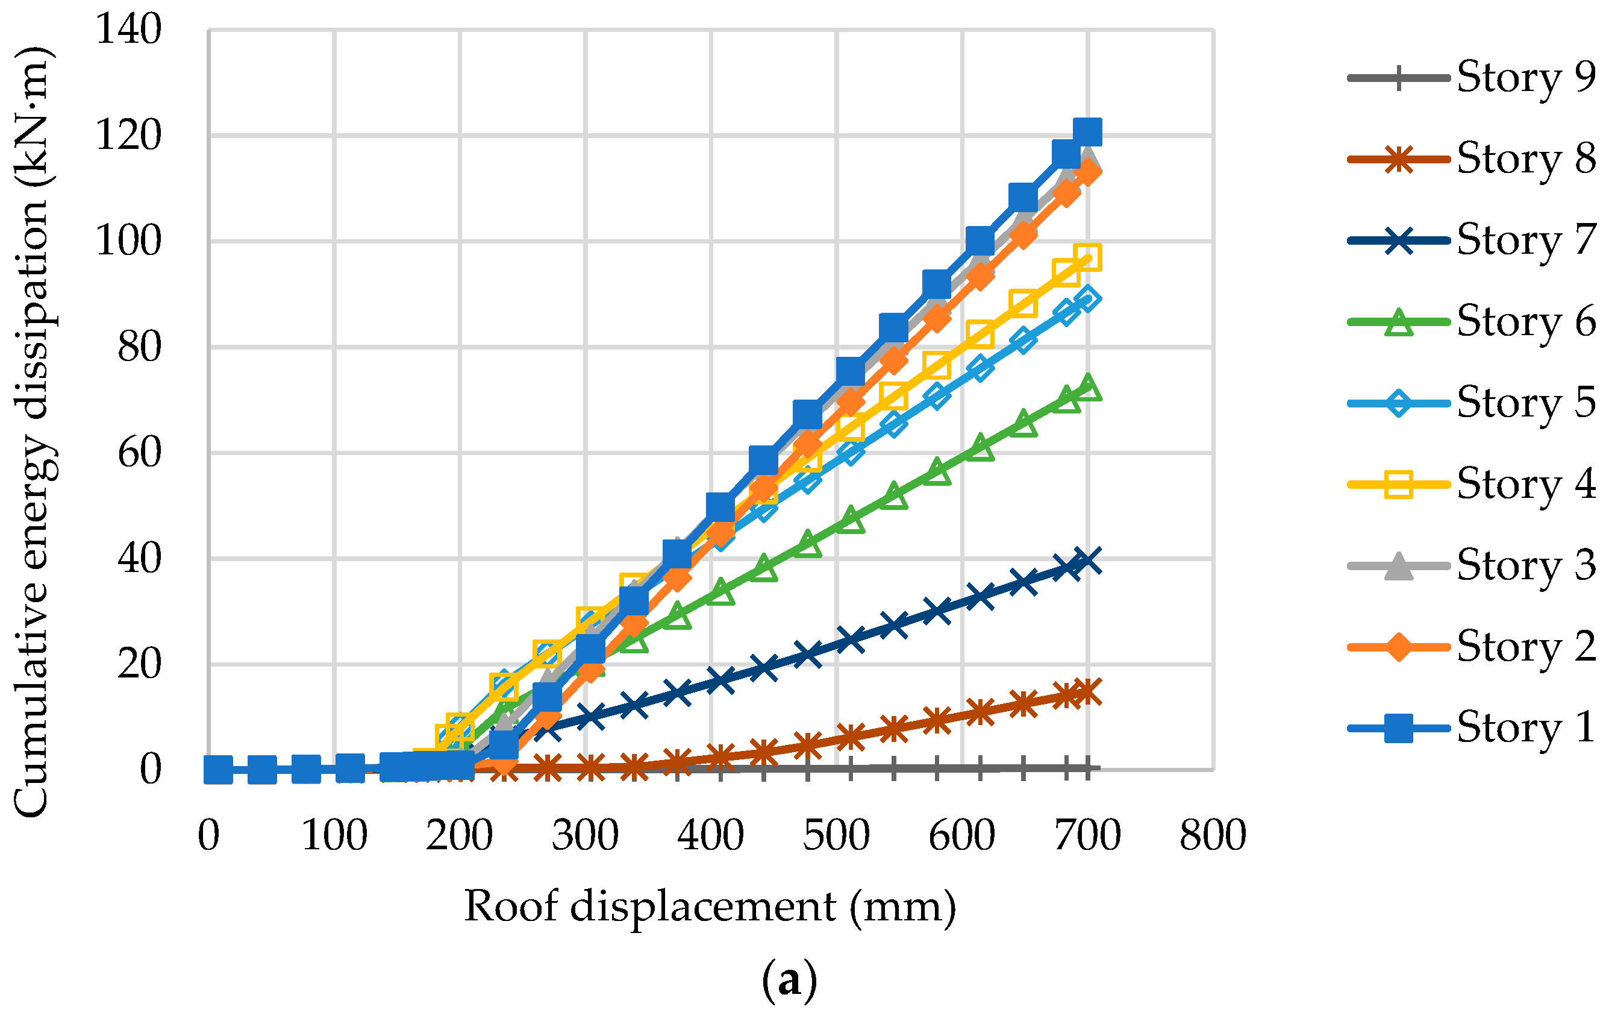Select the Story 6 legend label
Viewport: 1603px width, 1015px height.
click(x=1525, y=322)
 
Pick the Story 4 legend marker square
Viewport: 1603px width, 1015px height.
click(x=1399, y=484)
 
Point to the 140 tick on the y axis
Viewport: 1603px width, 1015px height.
click(x=128, y=30)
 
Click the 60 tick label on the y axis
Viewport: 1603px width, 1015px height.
click(x=139, y=453)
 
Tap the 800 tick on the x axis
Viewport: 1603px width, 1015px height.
click(x=1213, y=835)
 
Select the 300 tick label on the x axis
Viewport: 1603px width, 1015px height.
click(x=585, y=835)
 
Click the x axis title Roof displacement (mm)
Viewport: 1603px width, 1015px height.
click(x=710, y=907)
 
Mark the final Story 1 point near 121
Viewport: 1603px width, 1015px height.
click(x=1087, y=132)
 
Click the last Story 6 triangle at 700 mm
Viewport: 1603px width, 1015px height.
click(x=1087, y=388)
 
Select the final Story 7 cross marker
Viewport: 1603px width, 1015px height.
click(x=1087, y=561)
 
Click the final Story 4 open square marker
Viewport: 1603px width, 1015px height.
click(x=1087, y=257)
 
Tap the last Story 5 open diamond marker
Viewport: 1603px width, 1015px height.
click(x=1087, y=298)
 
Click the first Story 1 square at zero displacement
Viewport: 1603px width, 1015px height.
click(x=217, y=770)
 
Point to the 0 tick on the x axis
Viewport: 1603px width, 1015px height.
click(x=208, y=835)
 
